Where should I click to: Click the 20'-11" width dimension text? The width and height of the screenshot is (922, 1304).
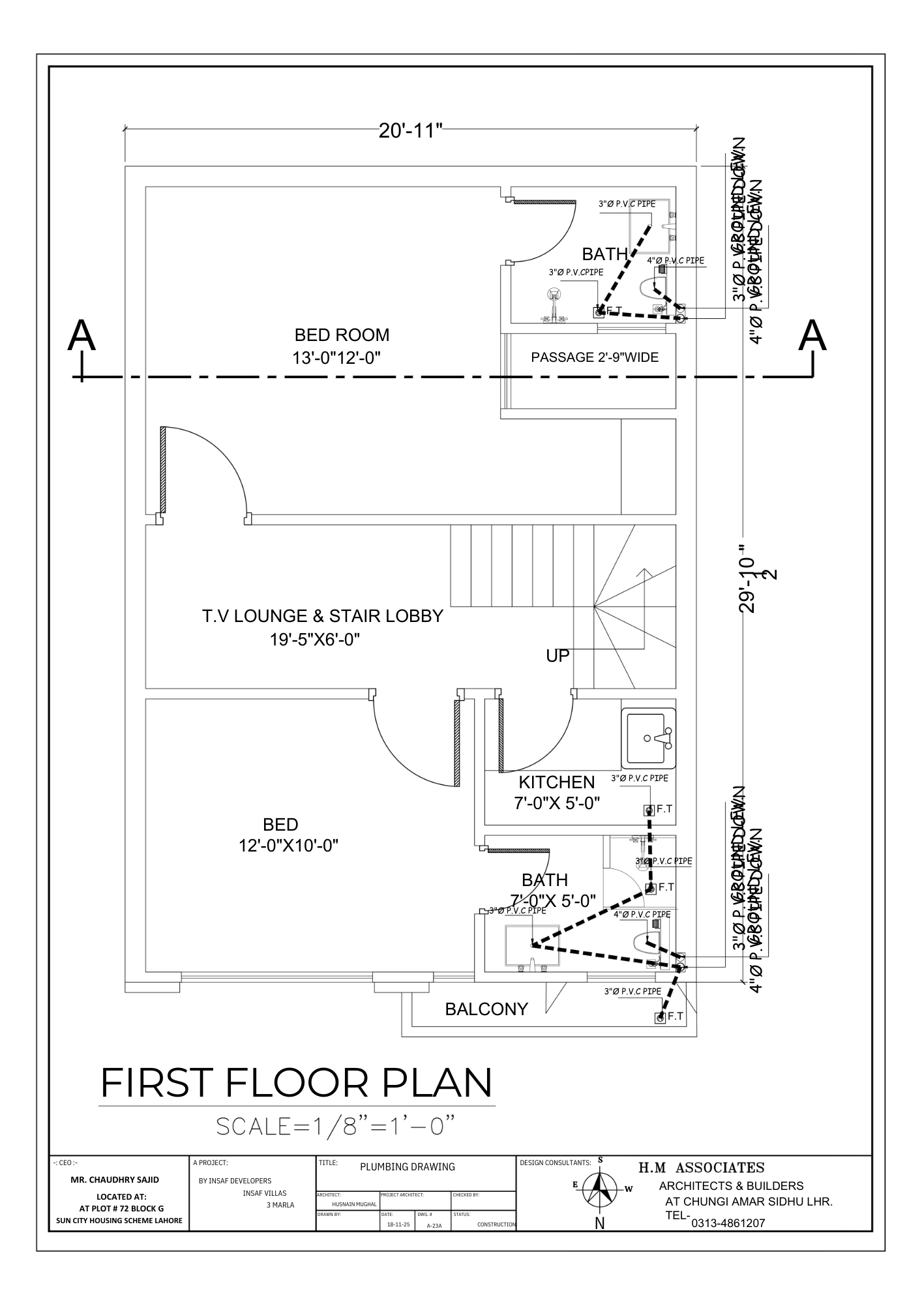tap(410, 130)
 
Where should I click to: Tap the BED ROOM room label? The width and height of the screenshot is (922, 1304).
tap(342, 335)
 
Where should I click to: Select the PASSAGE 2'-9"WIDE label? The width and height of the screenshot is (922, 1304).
tap(594, 357)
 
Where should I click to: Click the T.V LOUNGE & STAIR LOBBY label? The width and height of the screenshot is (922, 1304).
tap(322, 616)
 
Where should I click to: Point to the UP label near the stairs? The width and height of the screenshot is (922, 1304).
tap(558, 656)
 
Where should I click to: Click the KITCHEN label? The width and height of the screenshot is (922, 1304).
tap(556, 782)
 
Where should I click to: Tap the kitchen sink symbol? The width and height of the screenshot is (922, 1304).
tap(649, 737)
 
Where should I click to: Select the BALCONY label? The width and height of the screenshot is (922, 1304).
tap(486, 1009)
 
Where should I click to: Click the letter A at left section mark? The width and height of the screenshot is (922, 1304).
tap(82, 336)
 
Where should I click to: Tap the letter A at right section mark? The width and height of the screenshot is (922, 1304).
tap(812, 336)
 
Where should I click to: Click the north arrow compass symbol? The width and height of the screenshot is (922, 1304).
tap(600, 1188)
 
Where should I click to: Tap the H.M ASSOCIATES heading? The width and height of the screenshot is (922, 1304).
tap(701, 1168)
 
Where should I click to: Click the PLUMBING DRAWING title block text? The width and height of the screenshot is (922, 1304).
tap(408, 1167)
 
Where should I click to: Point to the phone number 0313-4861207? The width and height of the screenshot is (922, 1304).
tap(728, 1224)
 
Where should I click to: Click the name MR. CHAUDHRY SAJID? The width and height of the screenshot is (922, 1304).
tap(115, 1179)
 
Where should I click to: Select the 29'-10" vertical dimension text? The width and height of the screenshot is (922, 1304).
tap(747, 584)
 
